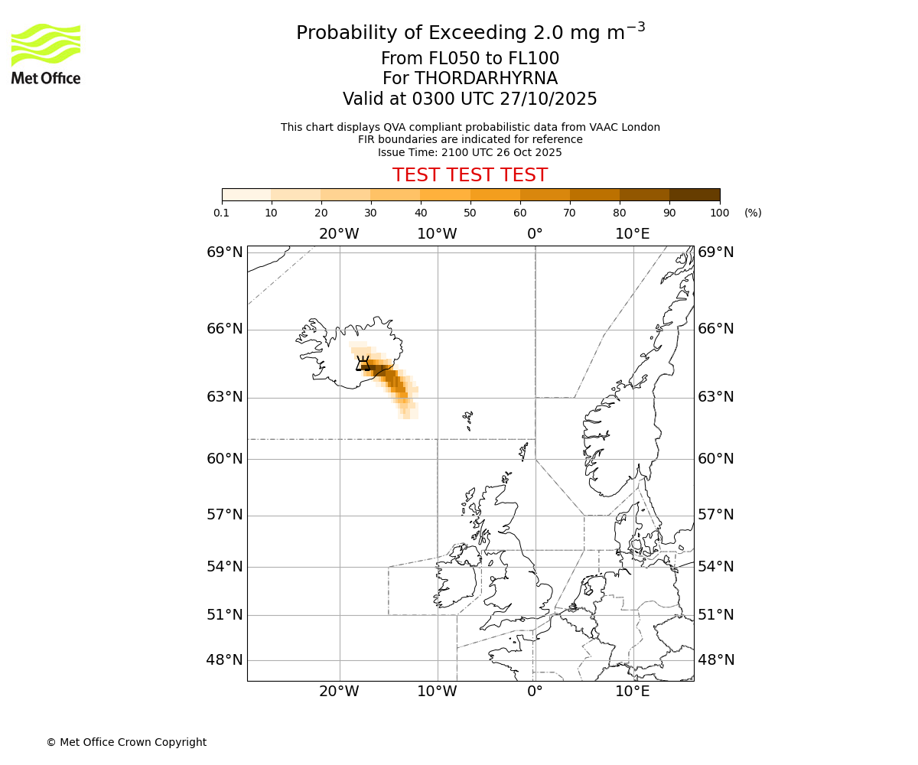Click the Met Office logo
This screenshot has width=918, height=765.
pos(46,54)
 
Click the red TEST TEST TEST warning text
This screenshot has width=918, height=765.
pos(470,175)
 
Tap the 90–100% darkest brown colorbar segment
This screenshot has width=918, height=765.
pos(694,194)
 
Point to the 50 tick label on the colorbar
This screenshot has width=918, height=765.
pos(470,213)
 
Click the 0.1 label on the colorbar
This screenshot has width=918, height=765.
pos(222,213)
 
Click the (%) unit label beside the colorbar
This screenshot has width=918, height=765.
pos(753,213)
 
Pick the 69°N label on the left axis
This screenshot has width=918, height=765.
pos(225,252)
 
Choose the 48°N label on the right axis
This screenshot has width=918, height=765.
pos(715,660)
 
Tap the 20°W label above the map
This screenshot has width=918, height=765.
pos(339,233)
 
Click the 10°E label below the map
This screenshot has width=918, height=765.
pos(633,692)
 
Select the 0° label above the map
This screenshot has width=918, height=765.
pos(535,233)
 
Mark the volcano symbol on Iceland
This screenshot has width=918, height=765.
pos(363,363)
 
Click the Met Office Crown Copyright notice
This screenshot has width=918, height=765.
pos(126,742)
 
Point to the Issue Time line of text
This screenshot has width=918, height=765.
pos(470,152)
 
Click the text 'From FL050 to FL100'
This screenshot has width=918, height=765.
pos(470,59)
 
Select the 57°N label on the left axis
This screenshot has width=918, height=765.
pos(225,515)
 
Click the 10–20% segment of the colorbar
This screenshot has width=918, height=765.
pos(296,194)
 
